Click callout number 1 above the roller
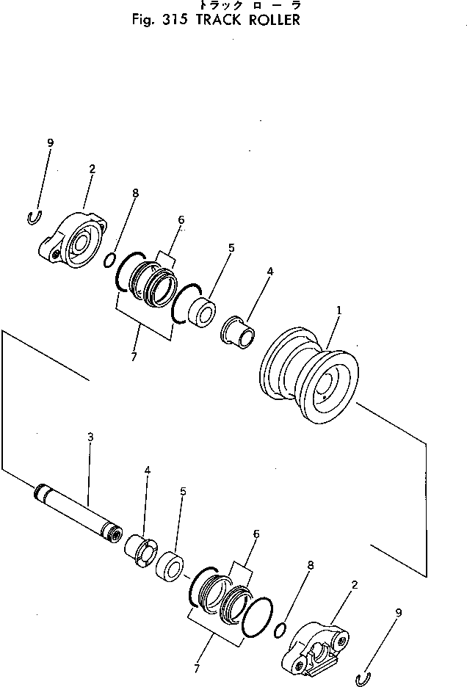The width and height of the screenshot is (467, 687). [x=339, y=310]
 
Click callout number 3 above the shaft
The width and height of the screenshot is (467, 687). [x=90, y=437]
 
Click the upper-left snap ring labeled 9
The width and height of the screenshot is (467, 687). [x=32, y=217]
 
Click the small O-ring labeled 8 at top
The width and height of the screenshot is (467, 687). [x=109, y=259]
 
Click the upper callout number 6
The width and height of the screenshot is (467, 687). [x=181, y=219]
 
